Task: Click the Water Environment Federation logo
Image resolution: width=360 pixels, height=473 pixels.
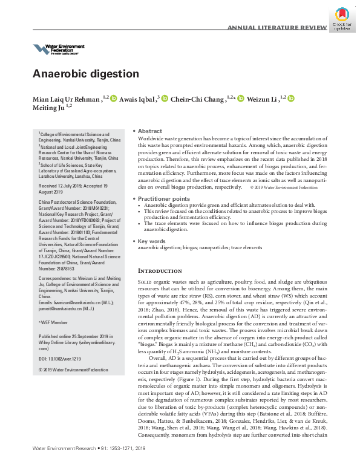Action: pyautogui.click(x=59, y=49)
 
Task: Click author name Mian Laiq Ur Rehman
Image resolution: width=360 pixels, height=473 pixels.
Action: pyautogui.click(x=67, y=98)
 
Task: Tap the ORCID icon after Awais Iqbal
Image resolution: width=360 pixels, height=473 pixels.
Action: pyautogui.click(x=164, y=98)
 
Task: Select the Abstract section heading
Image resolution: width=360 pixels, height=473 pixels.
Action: pyautogui.click(x=149, y=131)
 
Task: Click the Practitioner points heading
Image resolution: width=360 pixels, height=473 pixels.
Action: pyautogui.click(x=163, y=198)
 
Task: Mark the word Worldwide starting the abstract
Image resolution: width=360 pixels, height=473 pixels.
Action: pyautogui.click(x=152, y=139)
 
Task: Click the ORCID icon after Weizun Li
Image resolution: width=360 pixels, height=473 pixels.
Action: pyautogui.click(x=290, y=98)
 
